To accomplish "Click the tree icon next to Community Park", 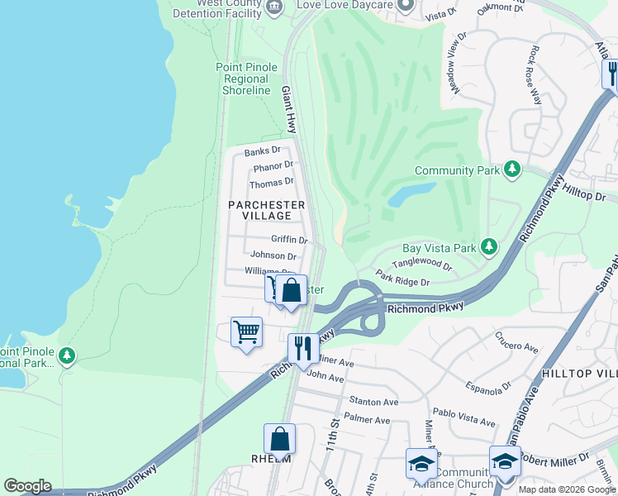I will click(x=512, y=169).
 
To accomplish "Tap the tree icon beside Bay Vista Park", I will click(x=489, y=247).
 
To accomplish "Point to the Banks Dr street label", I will click(x=263, y=151).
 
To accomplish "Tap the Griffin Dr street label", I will click(x=289, y=240).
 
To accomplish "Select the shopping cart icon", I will click(x=246, y=332).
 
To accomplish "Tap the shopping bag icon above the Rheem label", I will click(x=279, y=438).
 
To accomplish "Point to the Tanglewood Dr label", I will click(x=422, y=265).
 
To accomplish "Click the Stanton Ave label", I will click(x=373, y=402).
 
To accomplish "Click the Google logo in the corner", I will click(x=27, y=486).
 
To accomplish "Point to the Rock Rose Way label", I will click(x=535, y=74).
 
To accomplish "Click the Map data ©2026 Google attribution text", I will click(x=566, y=489).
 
